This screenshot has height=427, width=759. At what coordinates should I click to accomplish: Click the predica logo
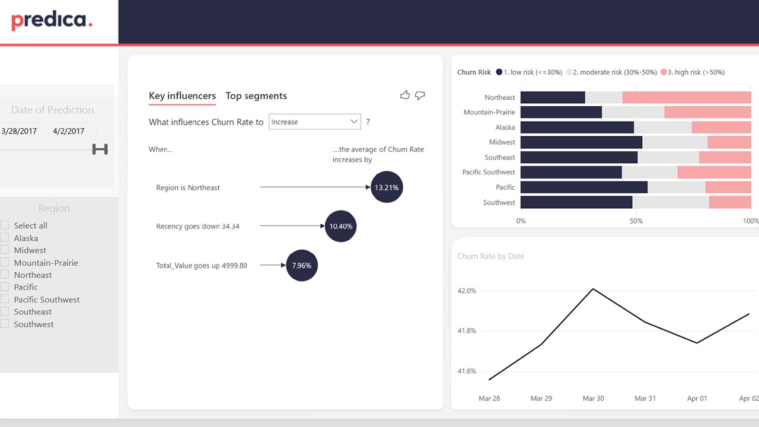coord(52,21)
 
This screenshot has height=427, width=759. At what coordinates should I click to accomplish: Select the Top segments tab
coord(256,96)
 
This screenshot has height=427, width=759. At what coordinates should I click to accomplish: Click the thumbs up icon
coord(405,95)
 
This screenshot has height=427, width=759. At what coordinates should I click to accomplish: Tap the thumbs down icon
coord(420,95)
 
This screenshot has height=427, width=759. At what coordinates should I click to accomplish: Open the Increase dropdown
coord(314,122)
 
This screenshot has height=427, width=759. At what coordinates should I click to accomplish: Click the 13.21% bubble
coord(387,187)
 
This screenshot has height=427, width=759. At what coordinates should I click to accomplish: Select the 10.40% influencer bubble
coord(341,227)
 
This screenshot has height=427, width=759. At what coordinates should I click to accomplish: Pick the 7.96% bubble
coord(302,266)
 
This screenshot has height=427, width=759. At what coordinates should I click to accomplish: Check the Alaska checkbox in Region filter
coord(5,238)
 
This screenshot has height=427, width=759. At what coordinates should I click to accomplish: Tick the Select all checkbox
coord(5,225)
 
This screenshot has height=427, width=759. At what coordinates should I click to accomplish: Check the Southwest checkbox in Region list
coord(5,324)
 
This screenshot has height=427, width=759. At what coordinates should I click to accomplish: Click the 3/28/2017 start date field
coord(21,131)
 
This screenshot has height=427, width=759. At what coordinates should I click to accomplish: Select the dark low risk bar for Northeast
coord(553,97)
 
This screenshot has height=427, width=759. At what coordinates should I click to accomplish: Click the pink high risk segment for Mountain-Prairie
coord(707,112)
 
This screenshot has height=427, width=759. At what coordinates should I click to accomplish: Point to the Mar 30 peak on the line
coord(593,289)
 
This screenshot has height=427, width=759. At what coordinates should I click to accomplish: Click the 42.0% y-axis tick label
coord(467,291)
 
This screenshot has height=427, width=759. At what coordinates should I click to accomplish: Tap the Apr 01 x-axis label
coord(697,399)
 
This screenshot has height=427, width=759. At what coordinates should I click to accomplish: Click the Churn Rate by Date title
coord(491,256)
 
